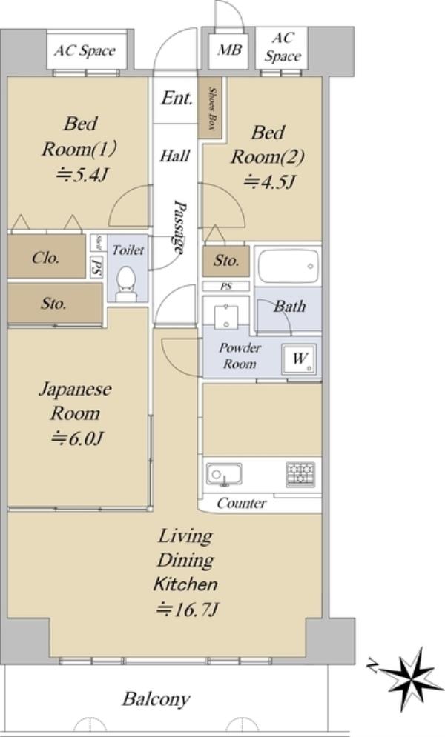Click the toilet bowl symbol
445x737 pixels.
point(125,284)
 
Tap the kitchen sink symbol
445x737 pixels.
point(225,474)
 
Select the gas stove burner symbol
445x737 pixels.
point(300,474)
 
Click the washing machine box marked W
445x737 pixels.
point(299,359)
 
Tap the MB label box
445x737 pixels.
point(229,50)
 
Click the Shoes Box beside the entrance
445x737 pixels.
point(210,107)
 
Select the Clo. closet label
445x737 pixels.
point(46,257)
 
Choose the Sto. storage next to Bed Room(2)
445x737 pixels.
point(225,261)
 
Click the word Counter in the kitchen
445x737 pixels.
point(242,504)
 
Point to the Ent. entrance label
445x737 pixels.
point(177,99)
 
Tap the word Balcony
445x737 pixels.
point(156,700)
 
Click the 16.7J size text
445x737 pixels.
point(187,610)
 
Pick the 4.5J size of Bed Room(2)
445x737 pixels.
point(269,181)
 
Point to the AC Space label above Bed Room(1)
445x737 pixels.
point(85,51)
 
